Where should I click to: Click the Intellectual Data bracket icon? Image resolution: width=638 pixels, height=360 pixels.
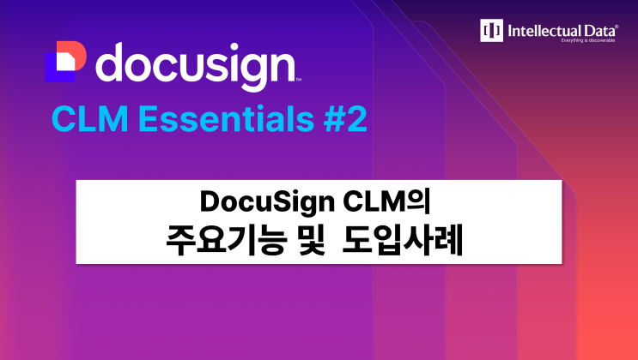click(492, 31)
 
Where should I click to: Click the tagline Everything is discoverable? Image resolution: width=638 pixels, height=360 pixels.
click(588, 40)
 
